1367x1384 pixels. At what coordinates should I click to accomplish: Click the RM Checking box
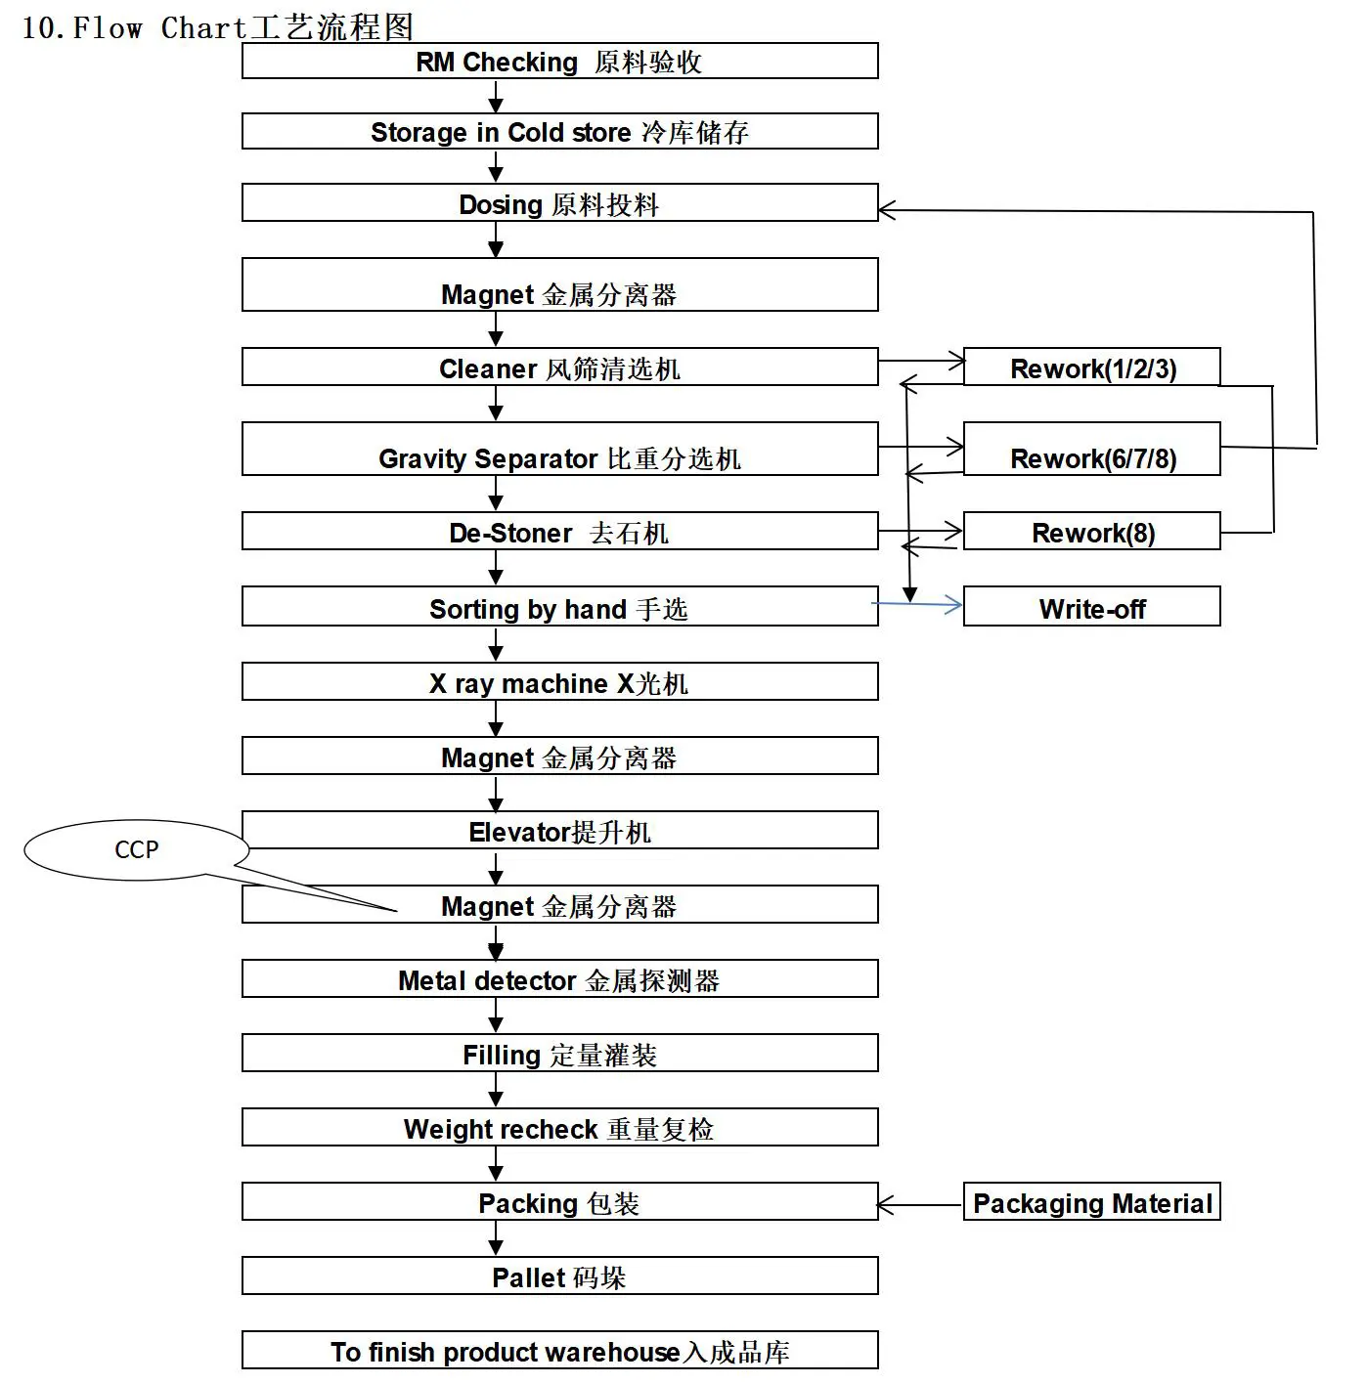point(559,62)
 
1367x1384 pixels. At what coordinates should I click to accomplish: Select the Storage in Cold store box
point(559,132)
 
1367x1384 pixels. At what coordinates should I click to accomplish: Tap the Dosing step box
point(559,203)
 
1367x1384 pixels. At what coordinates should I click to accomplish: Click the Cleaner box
point(559,368)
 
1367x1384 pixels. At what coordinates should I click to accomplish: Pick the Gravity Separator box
point(559,450)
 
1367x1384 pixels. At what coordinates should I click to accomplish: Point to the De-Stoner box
point(559,532)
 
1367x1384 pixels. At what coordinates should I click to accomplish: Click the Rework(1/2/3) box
point(1091,368)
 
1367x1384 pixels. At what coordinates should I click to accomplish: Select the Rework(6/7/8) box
point(1091,450)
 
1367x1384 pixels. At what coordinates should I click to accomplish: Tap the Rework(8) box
point(1091,532)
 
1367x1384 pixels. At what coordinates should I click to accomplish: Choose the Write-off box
point(1091,607)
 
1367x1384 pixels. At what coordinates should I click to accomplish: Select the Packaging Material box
point(1091,1202)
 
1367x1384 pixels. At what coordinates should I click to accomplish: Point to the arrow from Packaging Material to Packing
point(919,1204)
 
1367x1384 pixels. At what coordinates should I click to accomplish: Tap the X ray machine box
point(559,682)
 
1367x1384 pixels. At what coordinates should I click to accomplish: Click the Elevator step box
point(559,831)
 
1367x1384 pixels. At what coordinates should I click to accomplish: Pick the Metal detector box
point(559,979)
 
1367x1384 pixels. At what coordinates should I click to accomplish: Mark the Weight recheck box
point(559,1128)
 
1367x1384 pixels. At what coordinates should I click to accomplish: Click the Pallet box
point(559,1276)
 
